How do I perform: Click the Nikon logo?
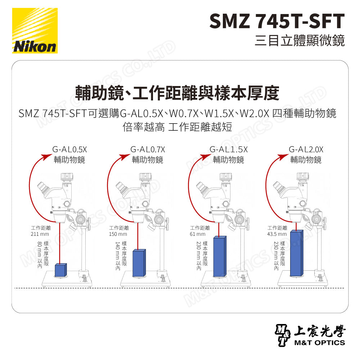(35, 31)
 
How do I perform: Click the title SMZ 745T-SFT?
(277, 21)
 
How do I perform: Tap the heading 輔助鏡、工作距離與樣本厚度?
(177, 93)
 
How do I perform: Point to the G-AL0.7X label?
(148, 149)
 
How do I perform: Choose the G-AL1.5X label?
(228, 149)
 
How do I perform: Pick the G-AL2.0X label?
(306, 149)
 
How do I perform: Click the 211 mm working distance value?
(40, 234)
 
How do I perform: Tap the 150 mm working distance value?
(118, 234)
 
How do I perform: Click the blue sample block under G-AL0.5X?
(61, 270)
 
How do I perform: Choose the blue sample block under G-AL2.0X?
(296, 253)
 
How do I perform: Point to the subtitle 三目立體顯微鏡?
(299, 40)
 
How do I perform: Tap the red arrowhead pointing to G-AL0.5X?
(46, 156)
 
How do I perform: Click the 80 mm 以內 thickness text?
(40, 255)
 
